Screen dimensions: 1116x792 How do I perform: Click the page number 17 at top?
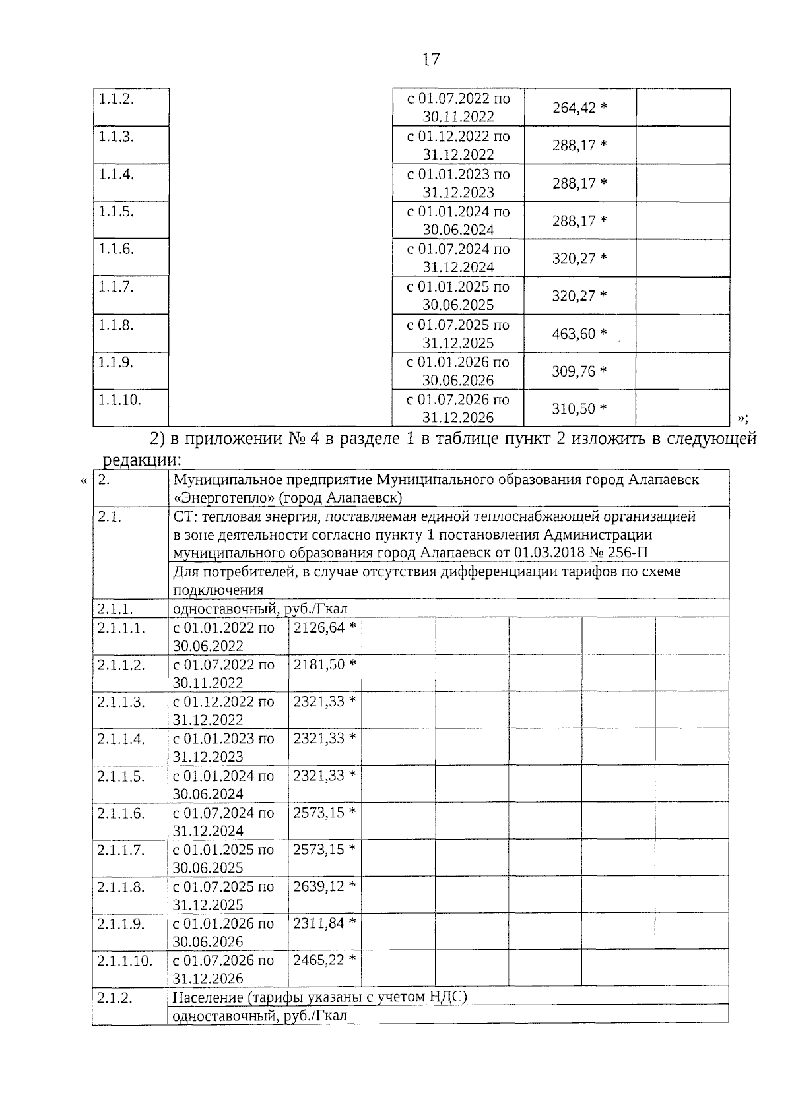pos(430,60)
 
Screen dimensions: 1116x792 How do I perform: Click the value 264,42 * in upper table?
pos(579,108)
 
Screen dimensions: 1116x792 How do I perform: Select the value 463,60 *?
pos(579,334)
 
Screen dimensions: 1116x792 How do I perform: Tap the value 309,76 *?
pos(579,371)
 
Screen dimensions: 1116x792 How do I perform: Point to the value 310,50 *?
pos(579,409)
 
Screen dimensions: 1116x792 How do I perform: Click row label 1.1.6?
pos(116,249)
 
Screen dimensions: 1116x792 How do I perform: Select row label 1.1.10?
pos(119,400)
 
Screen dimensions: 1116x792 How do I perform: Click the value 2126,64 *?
pos(325,627)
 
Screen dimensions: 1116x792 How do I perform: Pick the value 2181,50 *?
pos(325,664)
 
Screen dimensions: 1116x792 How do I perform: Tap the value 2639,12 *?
pos(325,886)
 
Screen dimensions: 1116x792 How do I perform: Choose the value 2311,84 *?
pos(325,923)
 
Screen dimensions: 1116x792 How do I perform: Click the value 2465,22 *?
pos(325,960)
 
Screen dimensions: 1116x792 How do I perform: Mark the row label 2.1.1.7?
pos(121,850)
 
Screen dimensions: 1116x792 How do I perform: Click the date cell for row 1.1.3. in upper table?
pos(458,145)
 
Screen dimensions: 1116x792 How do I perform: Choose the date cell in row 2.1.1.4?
pos(223,747)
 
